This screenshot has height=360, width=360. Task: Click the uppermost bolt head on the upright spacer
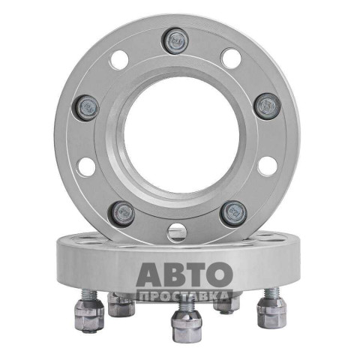176,41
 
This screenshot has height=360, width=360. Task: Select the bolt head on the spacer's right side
267,106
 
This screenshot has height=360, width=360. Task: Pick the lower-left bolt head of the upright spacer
122,214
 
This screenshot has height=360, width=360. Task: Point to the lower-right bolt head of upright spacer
233,213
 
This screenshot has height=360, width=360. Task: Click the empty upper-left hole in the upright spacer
119,60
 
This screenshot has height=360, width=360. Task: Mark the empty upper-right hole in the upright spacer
231,58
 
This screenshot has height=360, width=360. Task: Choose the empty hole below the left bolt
86,166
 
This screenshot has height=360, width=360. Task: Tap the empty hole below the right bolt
268,166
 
